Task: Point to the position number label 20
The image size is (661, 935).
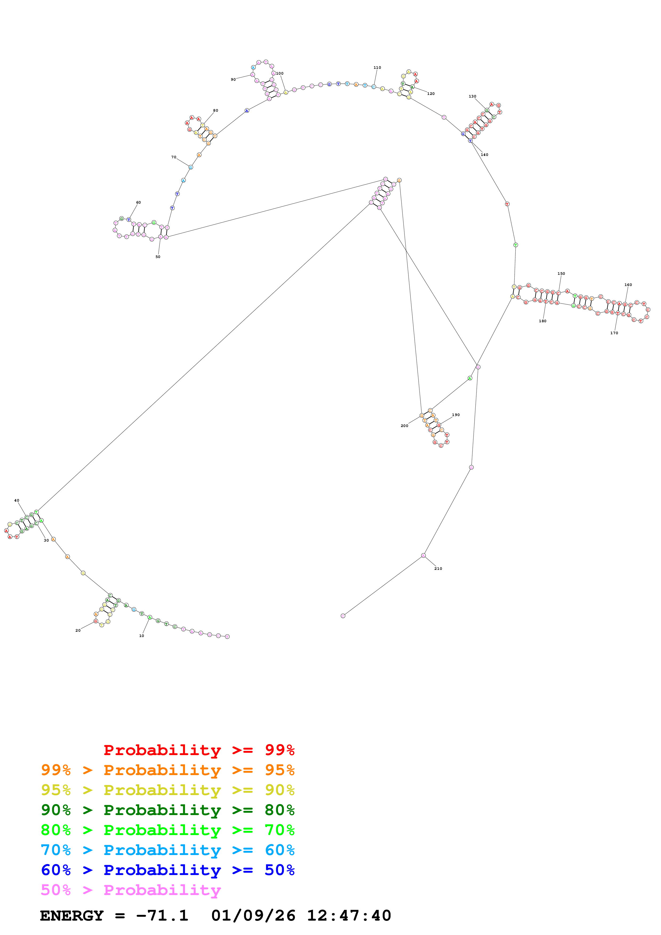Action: click(78, 630)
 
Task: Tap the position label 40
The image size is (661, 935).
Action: click(17, 501)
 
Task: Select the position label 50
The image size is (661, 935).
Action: click(158, 257)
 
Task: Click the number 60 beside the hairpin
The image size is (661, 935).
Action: click(138, 202)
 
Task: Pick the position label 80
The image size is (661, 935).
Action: click(215, 110)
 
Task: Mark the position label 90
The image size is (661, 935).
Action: click(233, 79)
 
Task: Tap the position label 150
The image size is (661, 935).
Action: click(561, 274)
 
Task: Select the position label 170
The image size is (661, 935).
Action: click(614, 333)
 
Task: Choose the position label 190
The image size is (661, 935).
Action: click(456, 415)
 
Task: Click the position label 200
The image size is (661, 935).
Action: click(404, 426)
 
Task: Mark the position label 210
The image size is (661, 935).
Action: click(438, 569)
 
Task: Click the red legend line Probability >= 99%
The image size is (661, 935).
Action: click(199, 750)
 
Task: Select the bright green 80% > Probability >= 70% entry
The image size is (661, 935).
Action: click(167, 830)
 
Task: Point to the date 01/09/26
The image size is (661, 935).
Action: click(253, 916)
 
